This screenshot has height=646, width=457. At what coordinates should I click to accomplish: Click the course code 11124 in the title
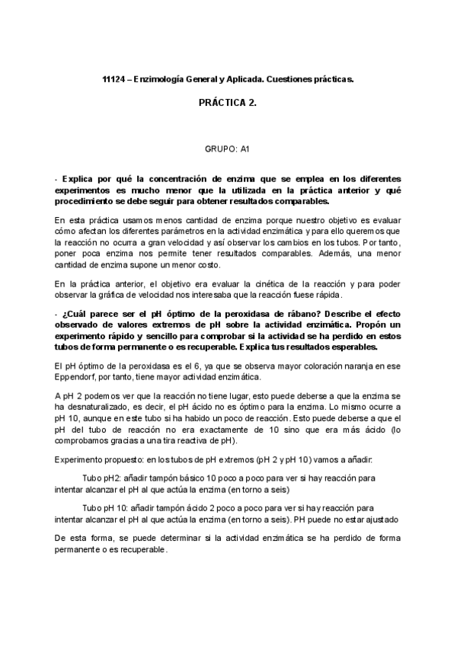click(113, 79)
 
